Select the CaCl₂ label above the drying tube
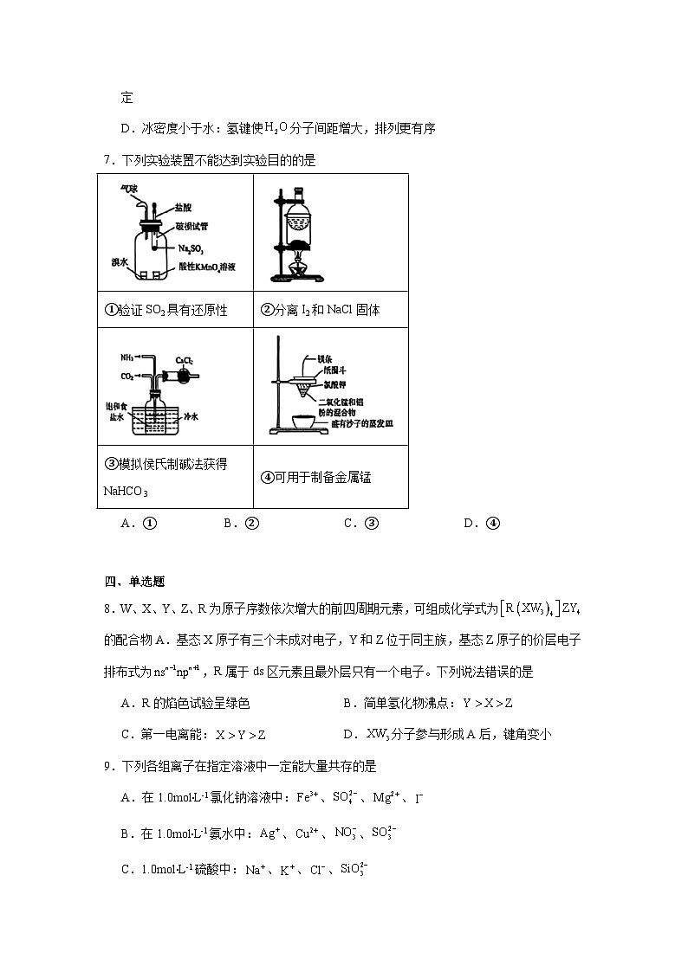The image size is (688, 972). click(185, 359)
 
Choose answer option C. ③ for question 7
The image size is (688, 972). click(361, 523)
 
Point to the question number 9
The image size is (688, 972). click(108, 766)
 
